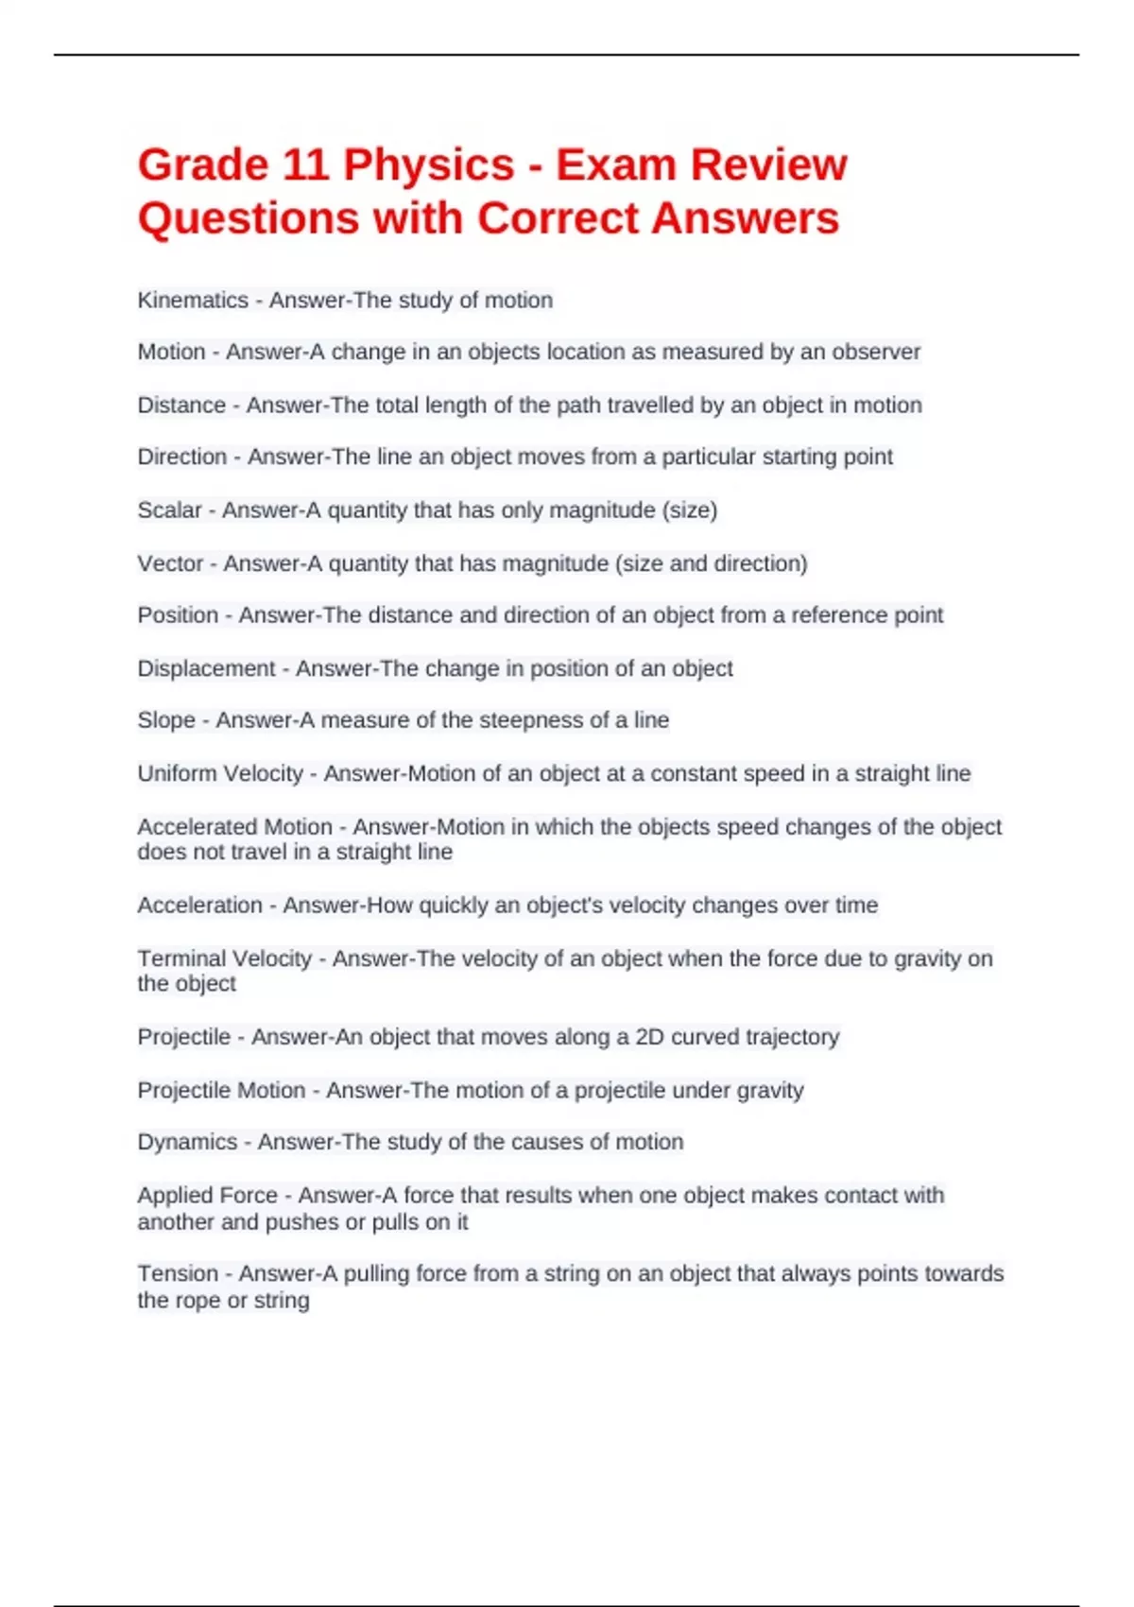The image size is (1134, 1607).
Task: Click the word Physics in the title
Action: click(428, 165)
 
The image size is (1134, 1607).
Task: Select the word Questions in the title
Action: click(248, 219)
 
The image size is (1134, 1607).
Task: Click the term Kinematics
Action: click(193, 301)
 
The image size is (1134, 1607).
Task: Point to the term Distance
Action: click(181, 406)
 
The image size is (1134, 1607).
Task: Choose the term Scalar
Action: click(169, 510)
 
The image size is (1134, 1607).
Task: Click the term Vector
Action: click(170, 563)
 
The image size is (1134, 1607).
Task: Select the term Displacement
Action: click(206, 669)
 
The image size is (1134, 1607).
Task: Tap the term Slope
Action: click(166, 720)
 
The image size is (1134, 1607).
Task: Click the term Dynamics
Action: click(187, 1142)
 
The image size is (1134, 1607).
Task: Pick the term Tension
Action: click(178, 1274)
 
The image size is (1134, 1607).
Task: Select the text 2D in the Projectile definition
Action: click(649, 1037)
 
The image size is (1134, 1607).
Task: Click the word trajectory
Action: click(792, 1037)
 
